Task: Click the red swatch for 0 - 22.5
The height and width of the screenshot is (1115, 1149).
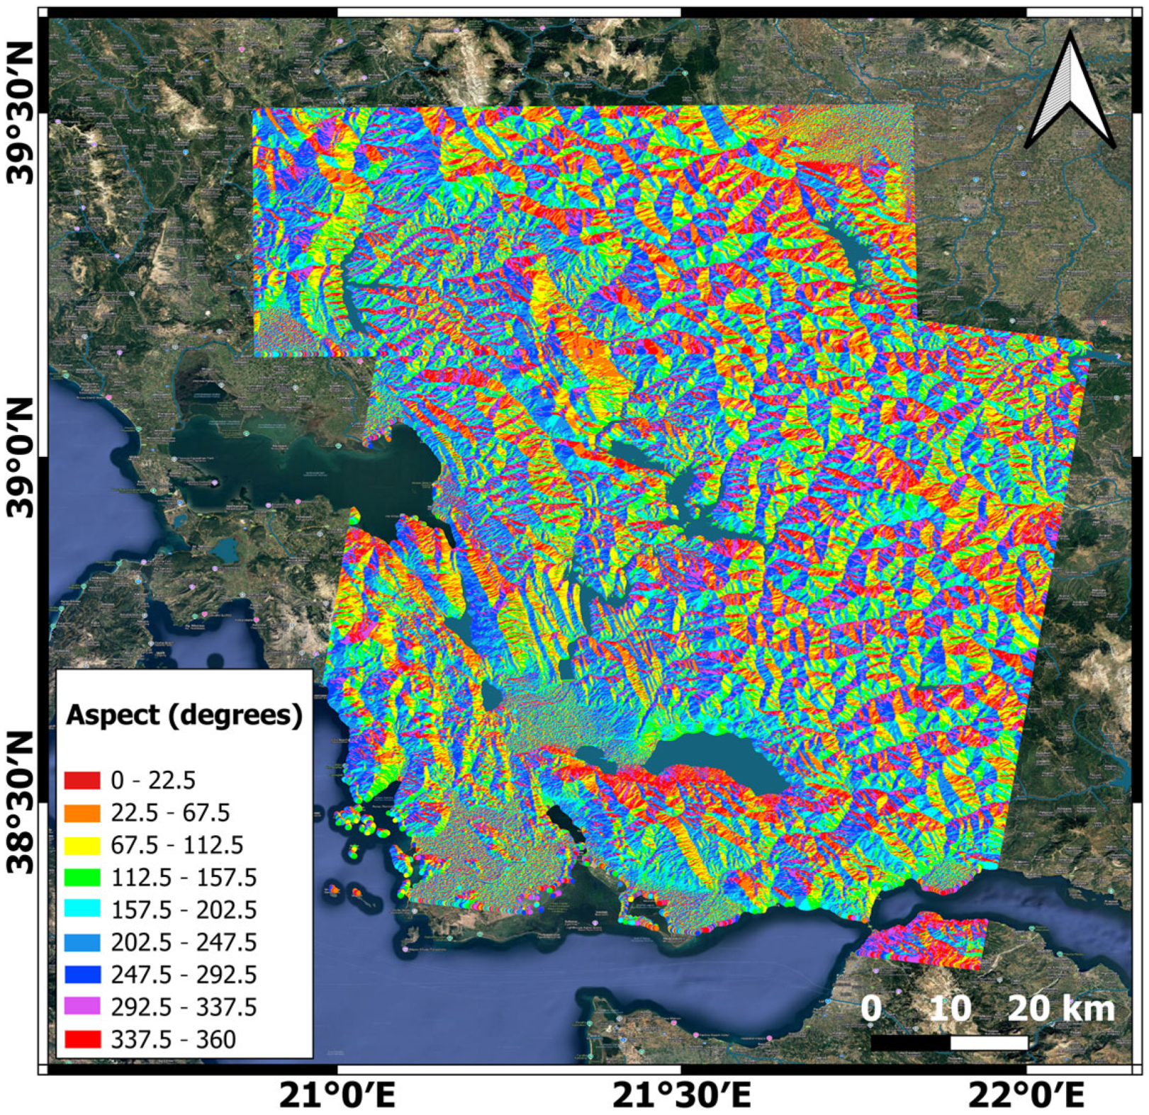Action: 82,780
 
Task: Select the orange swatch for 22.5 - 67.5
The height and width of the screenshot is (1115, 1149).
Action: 82,813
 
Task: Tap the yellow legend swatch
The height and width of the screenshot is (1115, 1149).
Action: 82,845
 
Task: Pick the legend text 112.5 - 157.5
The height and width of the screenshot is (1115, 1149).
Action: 184,878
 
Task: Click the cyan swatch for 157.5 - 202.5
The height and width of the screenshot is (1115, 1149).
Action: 82,910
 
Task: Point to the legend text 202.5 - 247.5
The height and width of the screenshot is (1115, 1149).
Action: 184,942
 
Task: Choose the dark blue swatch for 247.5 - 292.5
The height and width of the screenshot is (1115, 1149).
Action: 82,975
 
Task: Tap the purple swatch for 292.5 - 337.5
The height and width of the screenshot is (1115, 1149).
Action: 82,1007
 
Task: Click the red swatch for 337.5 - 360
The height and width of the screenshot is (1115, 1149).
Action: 82,1039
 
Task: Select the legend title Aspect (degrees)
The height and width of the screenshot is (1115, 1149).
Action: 184,715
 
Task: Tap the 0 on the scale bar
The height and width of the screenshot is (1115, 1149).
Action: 871,1008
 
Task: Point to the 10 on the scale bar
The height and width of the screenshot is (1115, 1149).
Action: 950,1008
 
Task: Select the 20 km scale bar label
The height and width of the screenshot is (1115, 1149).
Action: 1061,1008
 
